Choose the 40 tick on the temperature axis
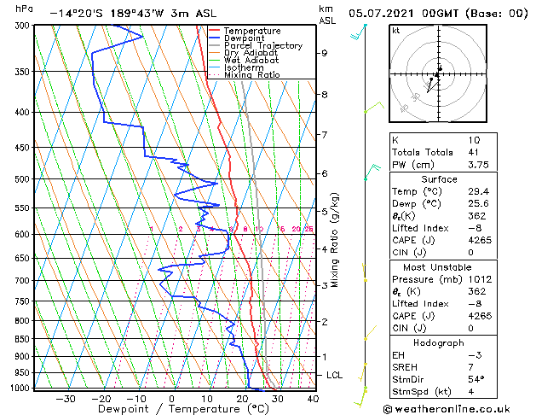click(x=313, y=398)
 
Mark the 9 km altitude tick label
click(x=325, y=53)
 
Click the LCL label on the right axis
click(x=336, y=375)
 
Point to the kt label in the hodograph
click(x=396, y=30)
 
